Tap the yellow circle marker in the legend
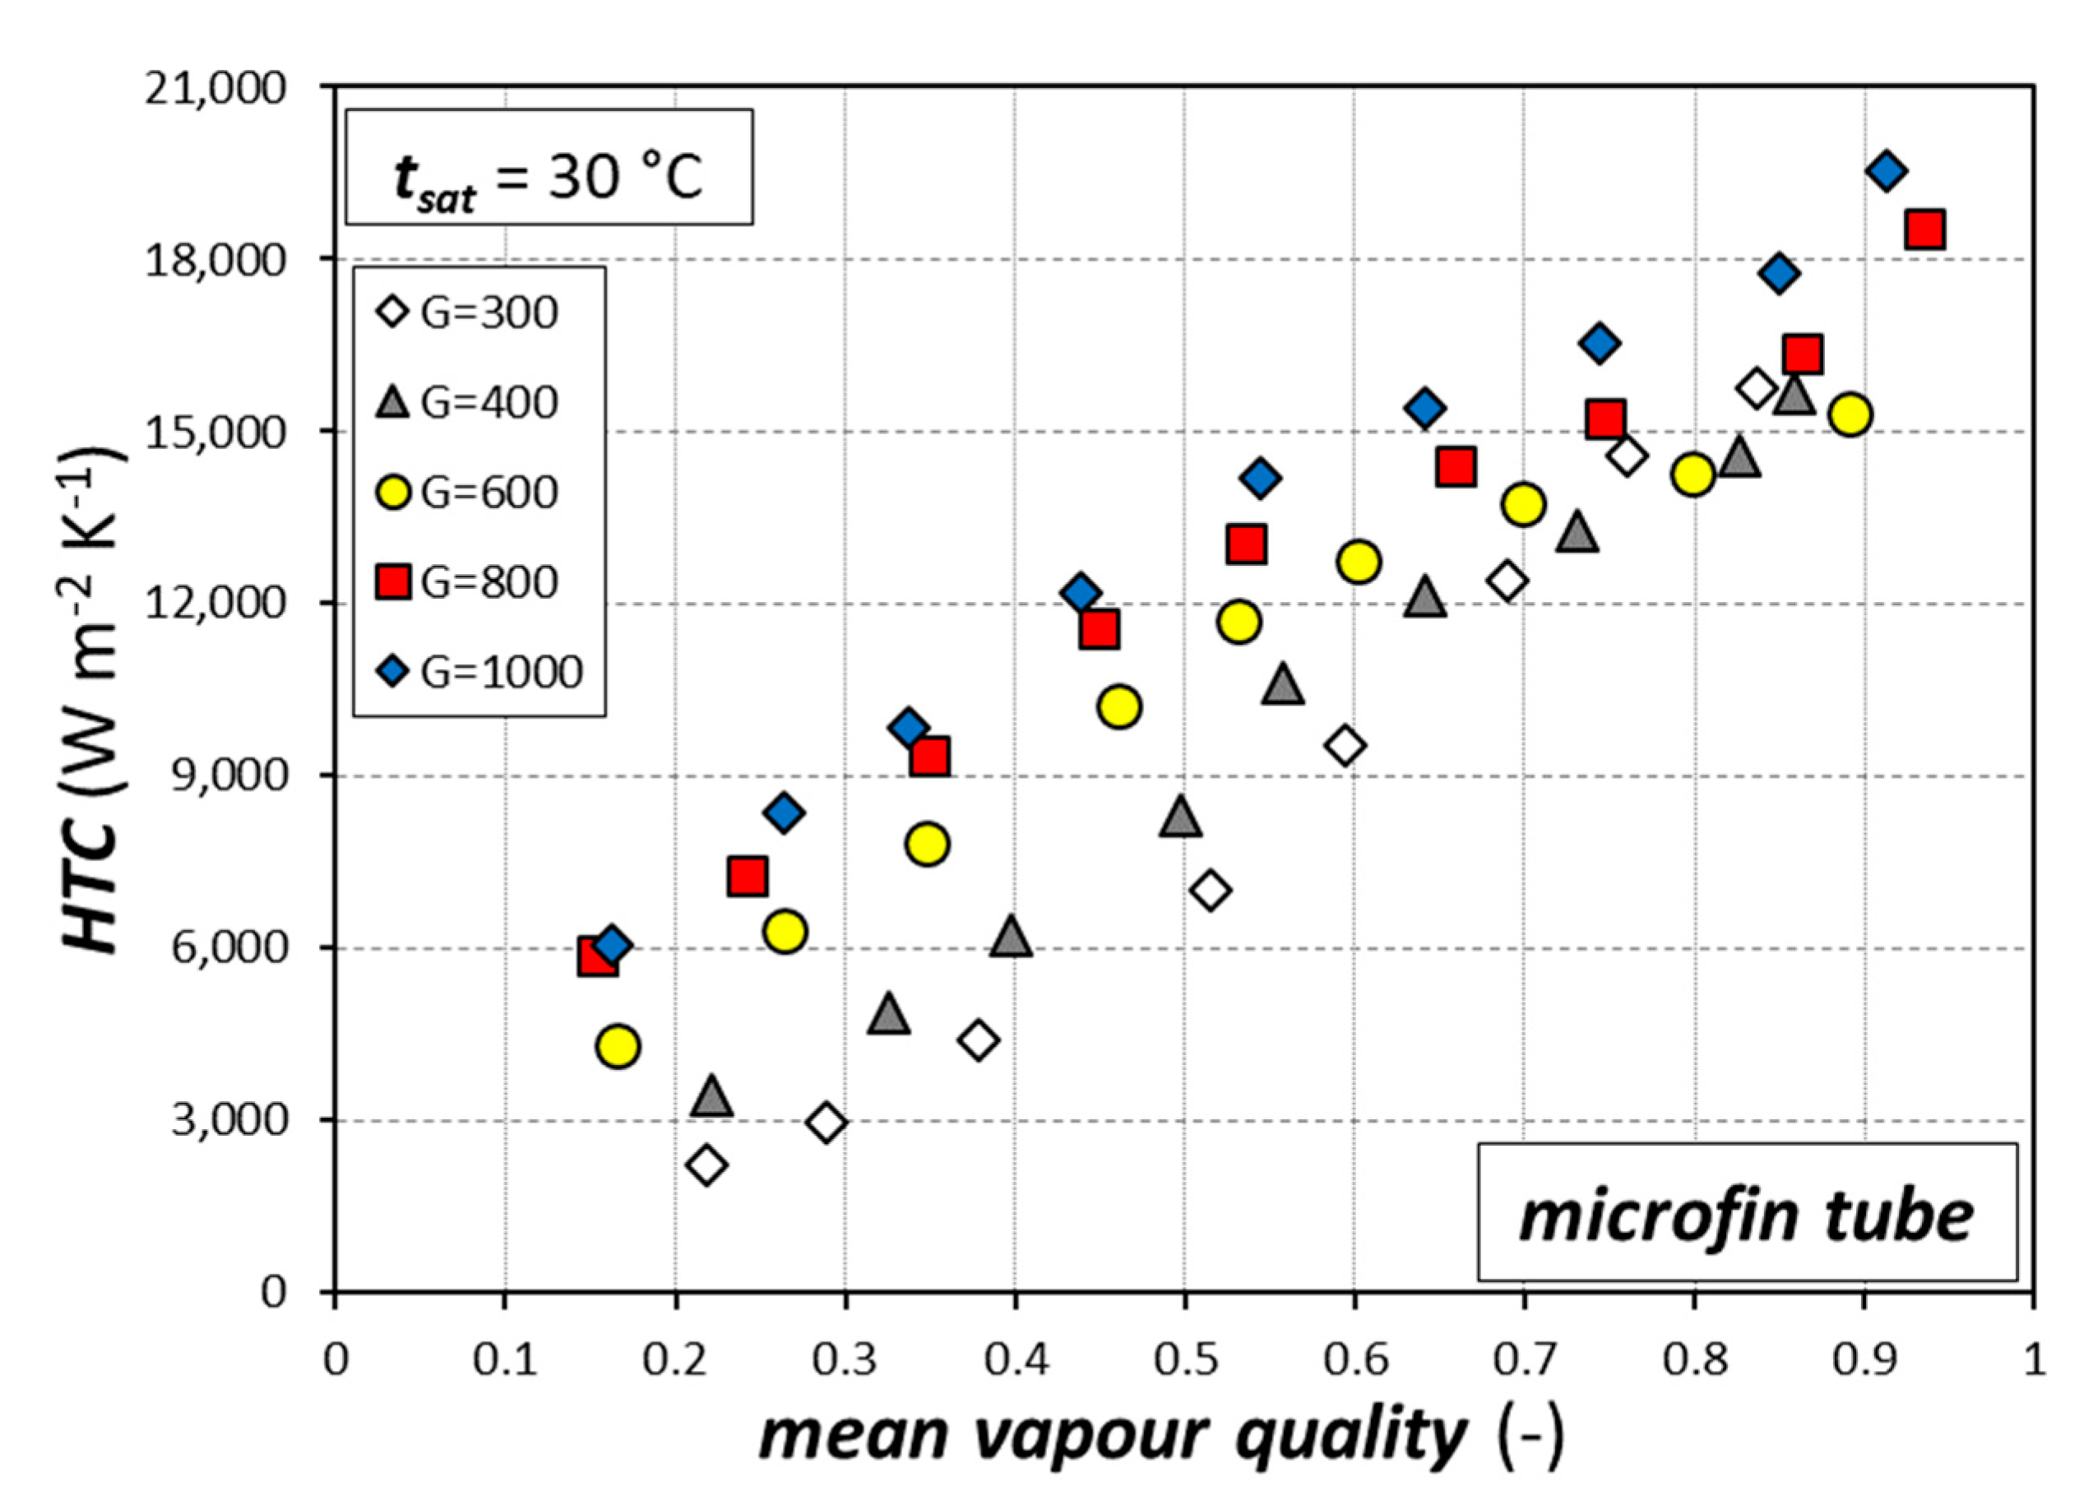(395, 492)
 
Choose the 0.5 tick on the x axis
(1185, 1360)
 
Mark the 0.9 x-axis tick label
(1864, 1360)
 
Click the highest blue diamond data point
(1887, 172)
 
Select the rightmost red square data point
(1925, 229)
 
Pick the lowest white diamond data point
(708, 1165)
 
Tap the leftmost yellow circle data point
(618, 1046)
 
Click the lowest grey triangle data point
(711, 1096)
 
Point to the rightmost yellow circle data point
(1850, 415)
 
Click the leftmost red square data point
(598, 958)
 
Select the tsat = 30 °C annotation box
(549, 167)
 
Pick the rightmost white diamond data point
(1755, 388)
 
